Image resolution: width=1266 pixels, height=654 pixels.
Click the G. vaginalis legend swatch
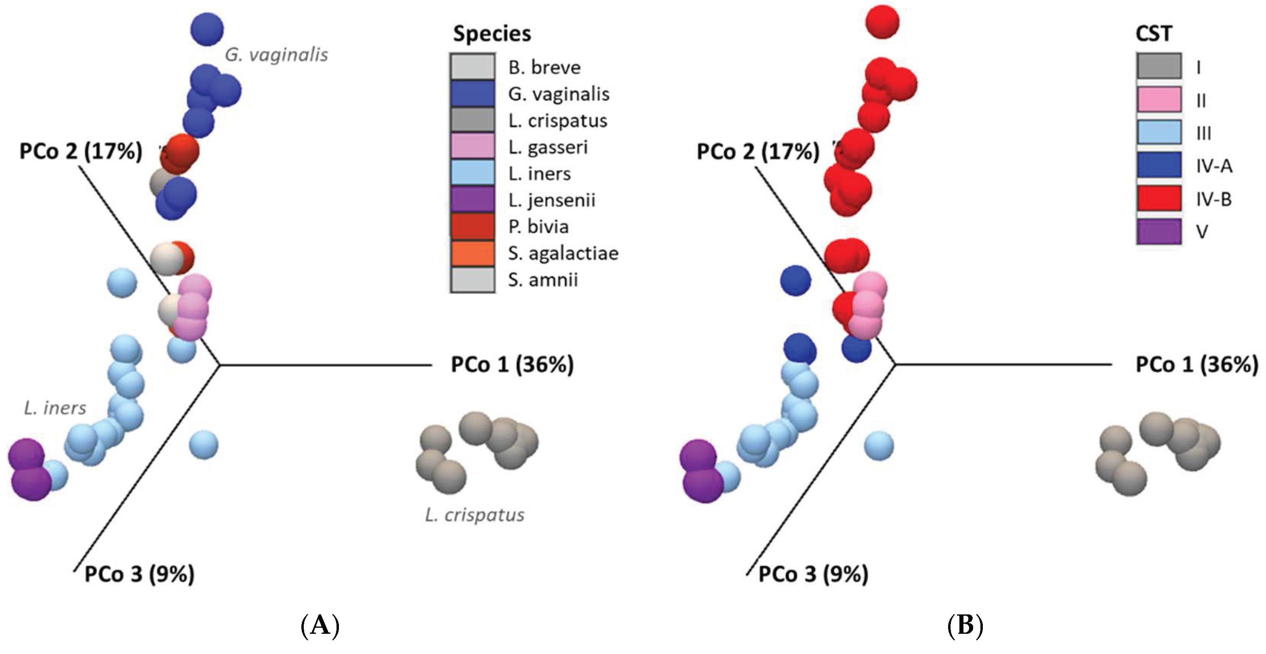pyautogui.click(x=472, y=94)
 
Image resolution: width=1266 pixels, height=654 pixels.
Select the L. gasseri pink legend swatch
pyautogui.click(x=472, y=146)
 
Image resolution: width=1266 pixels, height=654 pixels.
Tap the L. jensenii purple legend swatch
pyautogui.click(x=472, y=200)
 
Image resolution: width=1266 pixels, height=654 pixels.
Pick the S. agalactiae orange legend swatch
pyautogui.click(x=472, y=253)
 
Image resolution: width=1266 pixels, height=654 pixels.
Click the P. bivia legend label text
pyautogui.click(x=538, y=227)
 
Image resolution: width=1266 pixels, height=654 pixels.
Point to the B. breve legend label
pyautogui.click(x=544, y=67)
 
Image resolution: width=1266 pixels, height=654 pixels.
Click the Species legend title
pyautogui.click(x=492, y=34)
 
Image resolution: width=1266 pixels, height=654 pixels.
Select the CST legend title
pyautogui.click(x=1153, y=34)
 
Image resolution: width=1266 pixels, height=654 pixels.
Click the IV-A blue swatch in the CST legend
pyautogui.click(x=1159, y=165)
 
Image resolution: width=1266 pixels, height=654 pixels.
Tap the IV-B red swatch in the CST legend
pyautogui.click(x=1159, y=198)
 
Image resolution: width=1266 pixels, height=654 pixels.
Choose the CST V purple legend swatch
pyautogui.click(x=1159, y=231)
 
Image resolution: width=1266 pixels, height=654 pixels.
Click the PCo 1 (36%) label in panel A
pyautogui.click(x=512, y=365)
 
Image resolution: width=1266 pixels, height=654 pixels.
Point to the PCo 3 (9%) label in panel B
pyautogui.click(x=813, y=574)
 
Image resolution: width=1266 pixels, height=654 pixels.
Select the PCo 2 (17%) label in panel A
pyautogui.click(x=81, y=151)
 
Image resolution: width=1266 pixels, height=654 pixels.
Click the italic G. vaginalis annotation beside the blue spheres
pyautogui.click(x=276, y=55)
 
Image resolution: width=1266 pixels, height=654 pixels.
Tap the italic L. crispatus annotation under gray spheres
pyautogui.click(x=474, y=515)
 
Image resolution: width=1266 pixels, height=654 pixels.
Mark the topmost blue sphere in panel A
pyautogui.click(x=207, y=29)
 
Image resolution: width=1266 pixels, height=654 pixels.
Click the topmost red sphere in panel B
pyautogui.click(x=882, y=22)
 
